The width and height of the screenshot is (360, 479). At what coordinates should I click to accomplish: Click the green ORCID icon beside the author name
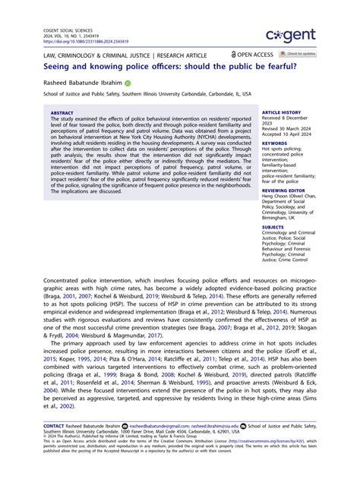point(128,82)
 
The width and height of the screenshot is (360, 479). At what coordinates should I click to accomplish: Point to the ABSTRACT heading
point(63,112)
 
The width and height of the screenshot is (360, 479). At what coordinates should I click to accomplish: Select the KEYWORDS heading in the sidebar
point(275,142)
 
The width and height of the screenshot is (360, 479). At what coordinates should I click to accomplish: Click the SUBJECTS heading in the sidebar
point(273,227)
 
